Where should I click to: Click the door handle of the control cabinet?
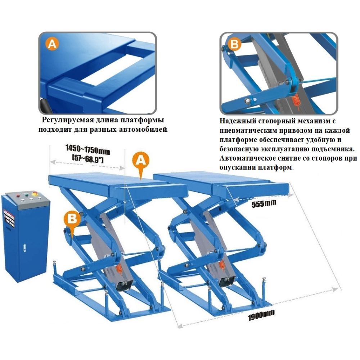pyautogui.click(x=24, y=248)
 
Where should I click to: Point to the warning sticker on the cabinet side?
pyautogui.click(x=9, y=218)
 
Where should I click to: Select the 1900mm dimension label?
pyautogui.click(x=261, y=315)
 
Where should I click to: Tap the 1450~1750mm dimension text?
pyautogui.click(x=88, y=149)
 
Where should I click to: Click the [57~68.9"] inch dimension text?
pyautogui.click(x=88, y=159)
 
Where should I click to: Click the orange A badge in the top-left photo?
pyautogui.click(x=52, y=44)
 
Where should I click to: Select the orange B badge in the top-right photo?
pyautogui.click(x=234, y=44)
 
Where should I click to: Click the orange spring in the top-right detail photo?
pyautogui.click(x=296, y=100)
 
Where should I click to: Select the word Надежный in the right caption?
pyautogui.click(x=237, y=121)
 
